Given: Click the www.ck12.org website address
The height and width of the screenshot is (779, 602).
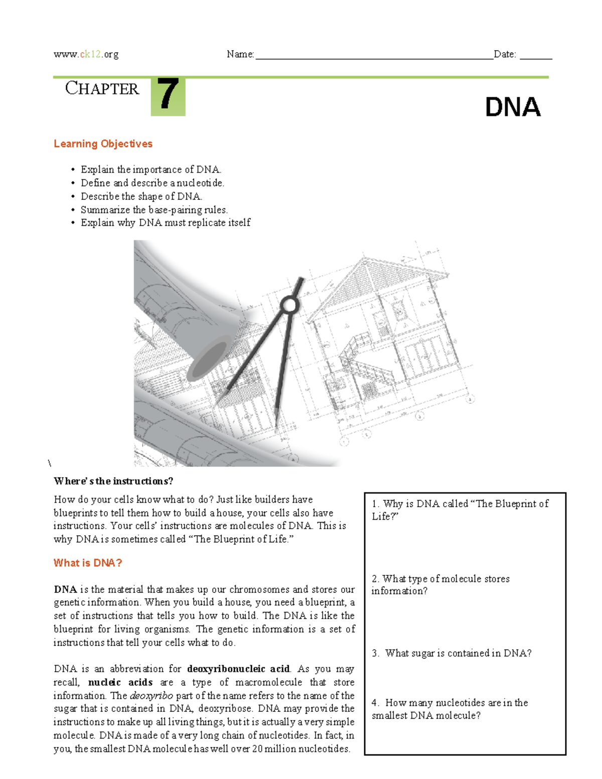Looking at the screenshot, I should [x=86, y=54].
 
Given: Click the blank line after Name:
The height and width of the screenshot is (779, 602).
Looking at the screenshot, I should [x=374, y=56].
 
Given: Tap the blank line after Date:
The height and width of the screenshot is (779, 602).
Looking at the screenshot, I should [x=535, y=56].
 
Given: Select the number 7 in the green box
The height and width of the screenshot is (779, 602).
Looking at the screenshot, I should [x=168, y=95].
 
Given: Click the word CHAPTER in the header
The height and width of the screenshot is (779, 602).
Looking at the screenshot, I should [x=102, y=89].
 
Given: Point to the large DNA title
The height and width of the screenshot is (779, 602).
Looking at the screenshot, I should [x=512, y=107].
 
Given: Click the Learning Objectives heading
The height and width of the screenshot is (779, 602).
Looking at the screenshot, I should [x=103, y=144].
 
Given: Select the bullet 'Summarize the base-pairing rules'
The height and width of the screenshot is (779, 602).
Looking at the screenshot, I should [x=154, y=210].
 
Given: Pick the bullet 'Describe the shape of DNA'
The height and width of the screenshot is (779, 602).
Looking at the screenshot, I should [x=141, y=196].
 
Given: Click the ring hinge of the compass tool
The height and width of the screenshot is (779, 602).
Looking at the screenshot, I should [x=289, y=304].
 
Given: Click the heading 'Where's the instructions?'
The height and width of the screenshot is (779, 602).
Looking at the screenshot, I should [x=113, y=481].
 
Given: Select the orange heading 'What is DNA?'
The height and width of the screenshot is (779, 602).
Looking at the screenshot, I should [x=88, y=563].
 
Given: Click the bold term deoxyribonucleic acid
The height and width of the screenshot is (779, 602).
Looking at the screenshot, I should [x=238, y=669].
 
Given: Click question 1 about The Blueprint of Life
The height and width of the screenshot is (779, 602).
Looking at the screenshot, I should [x=460, y=510].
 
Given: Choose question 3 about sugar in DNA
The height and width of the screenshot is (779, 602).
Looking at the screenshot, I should [x=452, y=653].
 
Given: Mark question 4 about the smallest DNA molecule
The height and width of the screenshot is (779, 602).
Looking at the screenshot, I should [x=449, y=709].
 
